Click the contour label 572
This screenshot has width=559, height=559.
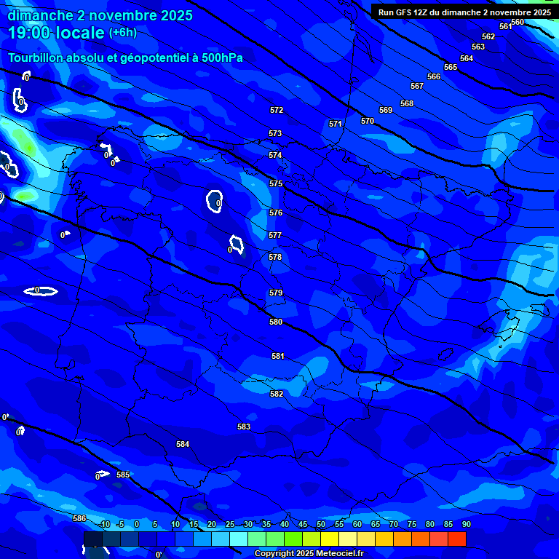277,111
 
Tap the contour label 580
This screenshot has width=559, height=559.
276,322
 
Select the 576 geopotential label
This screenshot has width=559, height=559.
275,213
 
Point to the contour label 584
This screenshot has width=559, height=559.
183,444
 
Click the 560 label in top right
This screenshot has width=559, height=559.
518,23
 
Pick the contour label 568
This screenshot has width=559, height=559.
407,104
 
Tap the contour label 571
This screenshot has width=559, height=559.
336,124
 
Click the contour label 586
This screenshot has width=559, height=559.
79,518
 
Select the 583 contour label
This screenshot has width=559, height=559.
244,427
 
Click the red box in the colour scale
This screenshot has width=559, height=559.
456,539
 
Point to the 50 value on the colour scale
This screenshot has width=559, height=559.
321,525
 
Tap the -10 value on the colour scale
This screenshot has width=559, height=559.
103,525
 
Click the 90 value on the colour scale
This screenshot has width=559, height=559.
466,525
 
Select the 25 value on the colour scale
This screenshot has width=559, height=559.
230,525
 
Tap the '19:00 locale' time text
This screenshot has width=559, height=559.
56,33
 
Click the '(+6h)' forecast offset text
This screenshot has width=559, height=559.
122,33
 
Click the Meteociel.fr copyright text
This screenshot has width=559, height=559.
309,554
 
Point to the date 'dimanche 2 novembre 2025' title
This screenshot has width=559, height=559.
100,15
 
